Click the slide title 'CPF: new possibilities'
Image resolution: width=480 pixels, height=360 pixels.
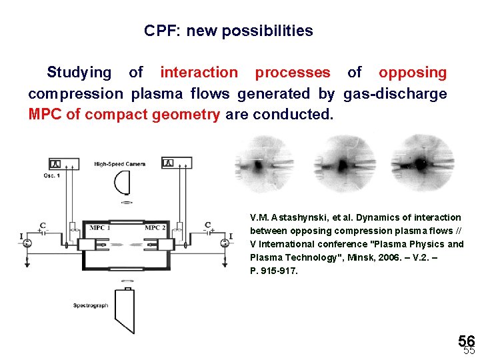coord(228,31)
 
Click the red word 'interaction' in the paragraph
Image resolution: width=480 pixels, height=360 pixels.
coord(199,73)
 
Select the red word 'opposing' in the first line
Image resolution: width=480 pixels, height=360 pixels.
coord(413,73)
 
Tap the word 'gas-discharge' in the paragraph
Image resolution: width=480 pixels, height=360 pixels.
coord(395,94)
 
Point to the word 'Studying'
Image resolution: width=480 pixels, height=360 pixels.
coord(79,73)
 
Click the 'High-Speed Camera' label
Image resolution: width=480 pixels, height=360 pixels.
coord(120,164)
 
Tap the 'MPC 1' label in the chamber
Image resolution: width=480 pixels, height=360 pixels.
coord(99,228)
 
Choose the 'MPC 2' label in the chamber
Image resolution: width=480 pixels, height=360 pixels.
coord(155,228)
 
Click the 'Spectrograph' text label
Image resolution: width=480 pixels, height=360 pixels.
coord(91,305)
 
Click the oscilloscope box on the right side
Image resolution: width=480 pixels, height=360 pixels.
coord(177,163)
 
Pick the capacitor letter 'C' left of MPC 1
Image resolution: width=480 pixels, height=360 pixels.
coord(42,225)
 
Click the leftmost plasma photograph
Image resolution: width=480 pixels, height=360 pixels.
coord(265,163)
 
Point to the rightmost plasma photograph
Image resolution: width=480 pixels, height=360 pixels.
coord(421,163)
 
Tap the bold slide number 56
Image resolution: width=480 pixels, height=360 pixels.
coord(466,341)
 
